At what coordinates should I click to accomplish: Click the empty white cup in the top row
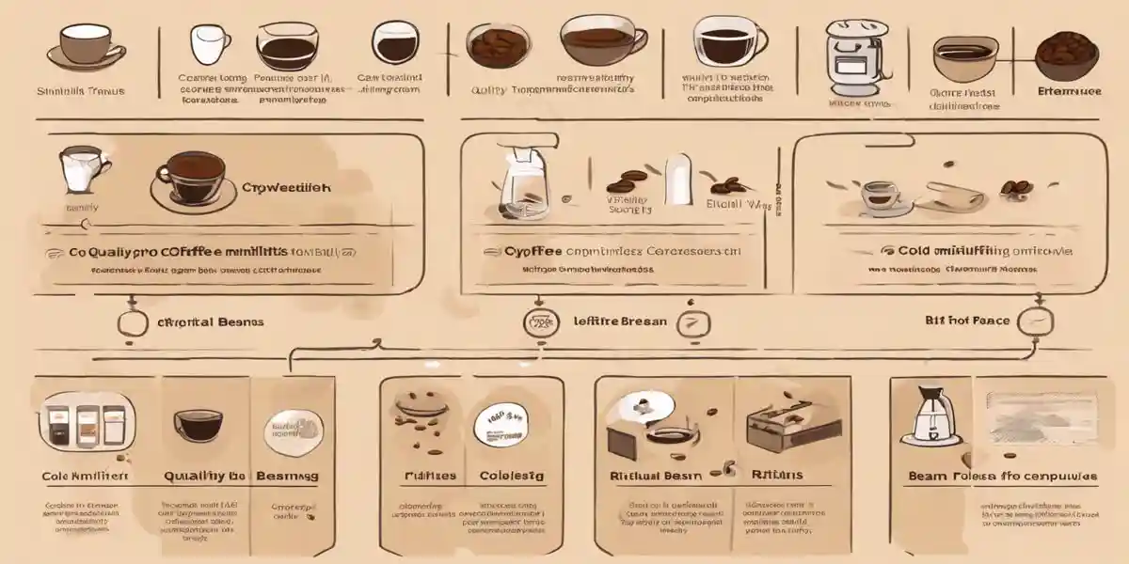pos(209,44)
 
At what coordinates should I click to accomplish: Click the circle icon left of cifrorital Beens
pos(134,322)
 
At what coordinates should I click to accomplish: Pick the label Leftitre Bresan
pos(620,321)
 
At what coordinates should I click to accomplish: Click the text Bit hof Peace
pos(967,321)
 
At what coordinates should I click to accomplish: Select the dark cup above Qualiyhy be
pos(198,425)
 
